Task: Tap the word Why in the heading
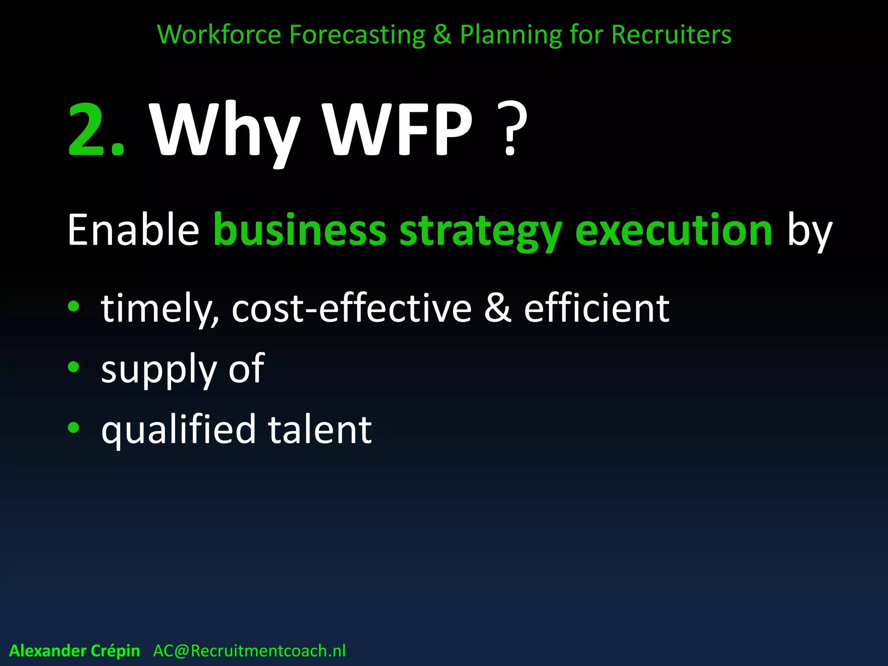[x=224, y=130]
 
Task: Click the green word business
[x=300, y=230]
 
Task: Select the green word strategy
[x=480, y=232]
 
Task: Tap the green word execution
[x=673, y=230]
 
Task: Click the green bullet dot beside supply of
[x=74, y=367]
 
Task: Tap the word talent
[x=320, y=429]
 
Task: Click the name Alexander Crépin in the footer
[x=75, y=651]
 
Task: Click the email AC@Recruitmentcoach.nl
[x=249, y=651]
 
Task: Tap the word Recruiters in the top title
[x=671, y=34]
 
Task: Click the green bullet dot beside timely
[x=74, y=306]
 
